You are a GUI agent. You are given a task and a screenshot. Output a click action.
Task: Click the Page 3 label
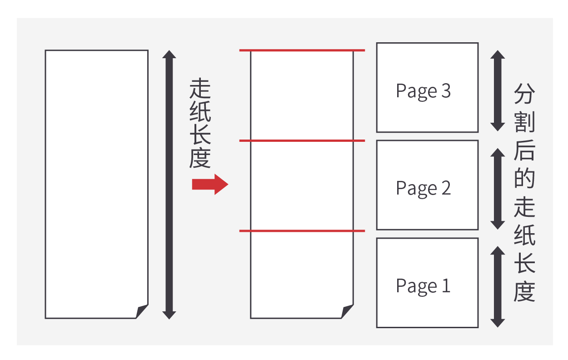(x=423, y=91)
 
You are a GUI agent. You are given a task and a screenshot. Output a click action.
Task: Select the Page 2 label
(x=423, y=188)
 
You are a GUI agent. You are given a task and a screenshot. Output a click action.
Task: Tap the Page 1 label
(x=423, y=286)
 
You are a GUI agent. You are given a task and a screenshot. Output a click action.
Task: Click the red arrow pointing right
(x=209, y=184)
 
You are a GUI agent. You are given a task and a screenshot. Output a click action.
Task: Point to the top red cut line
(x=302, y=50)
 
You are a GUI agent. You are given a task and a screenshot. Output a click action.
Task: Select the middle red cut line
(x=302, y=141)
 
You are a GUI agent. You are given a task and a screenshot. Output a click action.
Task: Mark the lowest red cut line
(x=302, y=231)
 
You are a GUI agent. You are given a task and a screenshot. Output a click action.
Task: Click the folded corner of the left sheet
(x=142, y=311)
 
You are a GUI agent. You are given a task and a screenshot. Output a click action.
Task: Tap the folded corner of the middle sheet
(x=347, y=311)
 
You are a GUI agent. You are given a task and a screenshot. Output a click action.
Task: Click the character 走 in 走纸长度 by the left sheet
(x=200, y=89)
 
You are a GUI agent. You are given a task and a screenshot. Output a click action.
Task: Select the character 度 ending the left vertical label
(x=200, y=158)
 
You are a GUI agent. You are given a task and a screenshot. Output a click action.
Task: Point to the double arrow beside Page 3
(x=498, y=91)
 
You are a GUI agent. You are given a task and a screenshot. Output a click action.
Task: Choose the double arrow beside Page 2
(x=498, y=189)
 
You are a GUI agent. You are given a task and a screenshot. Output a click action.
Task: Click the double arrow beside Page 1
(x=498, y=286)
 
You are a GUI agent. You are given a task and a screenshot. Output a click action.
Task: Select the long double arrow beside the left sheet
(x=169, y=184)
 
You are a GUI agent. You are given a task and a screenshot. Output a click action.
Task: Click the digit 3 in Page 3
(x=445, y=91)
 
